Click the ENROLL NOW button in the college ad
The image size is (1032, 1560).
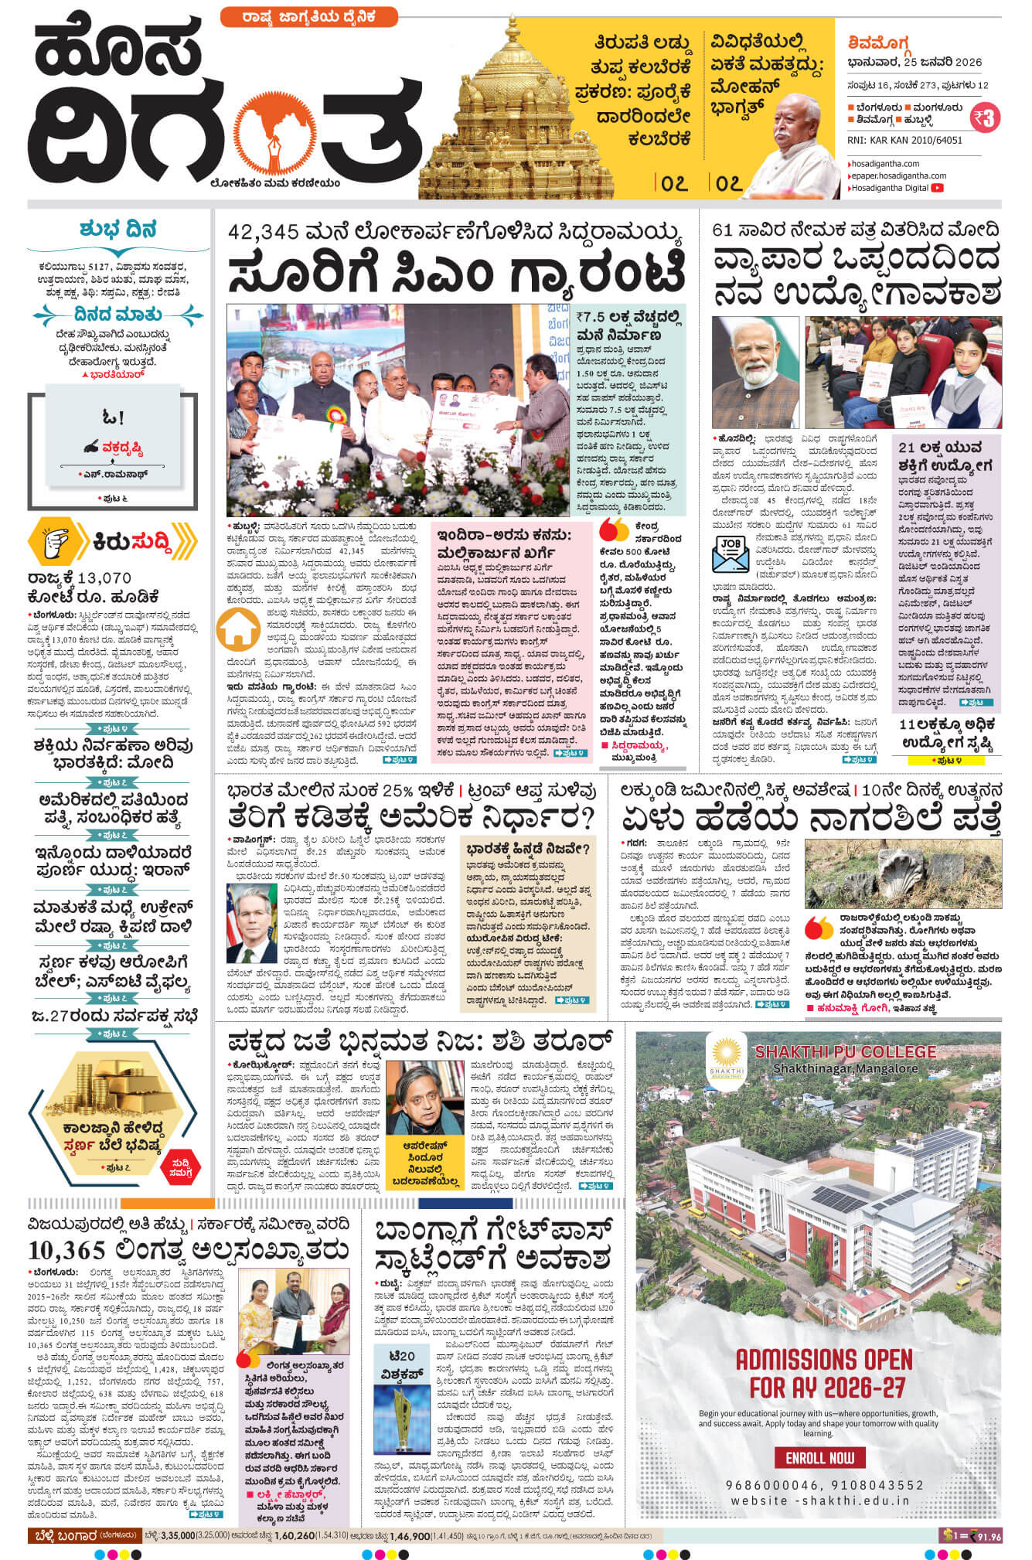pos(819,1457)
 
